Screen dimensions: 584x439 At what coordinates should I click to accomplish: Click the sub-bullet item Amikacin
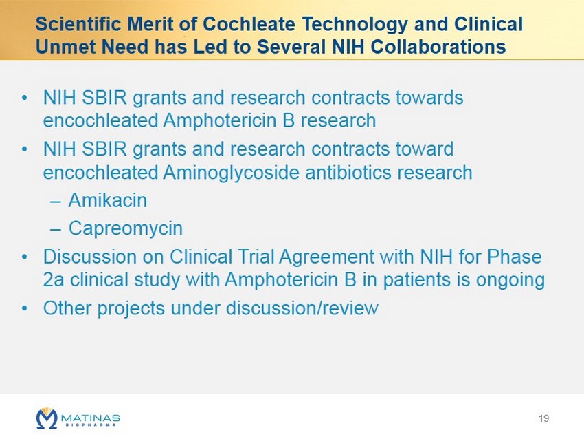tap(108, 200)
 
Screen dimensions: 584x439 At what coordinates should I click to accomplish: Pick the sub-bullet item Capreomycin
tap(126, 228)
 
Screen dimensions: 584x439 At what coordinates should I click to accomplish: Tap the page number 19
tap(543, 418)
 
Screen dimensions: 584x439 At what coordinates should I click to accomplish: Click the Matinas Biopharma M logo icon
tap(47, 418)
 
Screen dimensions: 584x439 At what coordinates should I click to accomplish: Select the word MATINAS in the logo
tap(90, 417)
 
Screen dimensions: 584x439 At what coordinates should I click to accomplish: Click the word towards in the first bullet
tap(429, 98)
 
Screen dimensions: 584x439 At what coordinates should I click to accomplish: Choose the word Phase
tap(515, 257)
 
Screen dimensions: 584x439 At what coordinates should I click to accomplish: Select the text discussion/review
tap(302, 308)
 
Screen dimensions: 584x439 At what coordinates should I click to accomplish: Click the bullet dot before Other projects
tap(25, 309)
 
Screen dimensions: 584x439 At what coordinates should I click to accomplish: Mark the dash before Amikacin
tap(55, 202)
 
